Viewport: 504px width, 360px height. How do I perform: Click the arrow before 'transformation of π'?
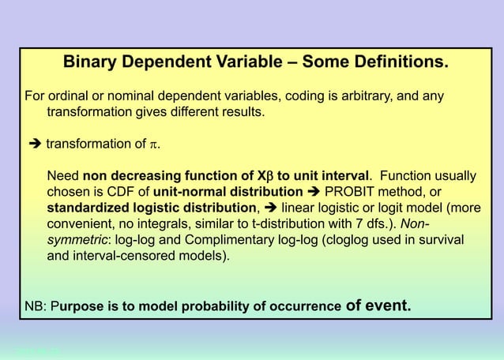(x=34, y=144)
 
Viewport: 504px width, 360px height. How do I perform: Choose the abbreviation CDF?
(x=125, y=193)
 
